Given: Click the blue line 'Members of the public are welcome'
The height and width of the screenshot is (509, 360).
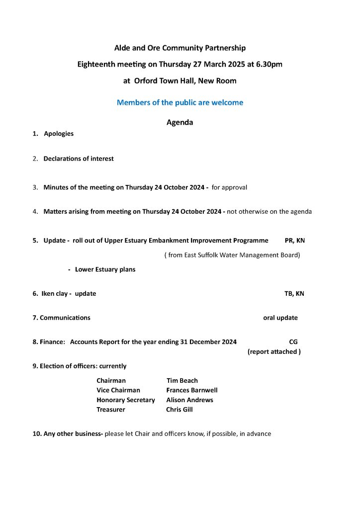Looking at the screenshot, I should click(180, 103).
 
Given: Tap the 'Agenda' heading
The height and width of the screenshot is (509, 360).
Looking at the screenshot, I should click(180, 122).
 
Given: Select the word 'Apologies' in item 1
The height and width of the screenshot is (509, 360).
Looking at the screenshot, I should click(59, 134).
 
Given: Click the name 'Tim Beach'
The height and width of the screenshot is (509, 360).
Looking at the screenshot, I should click(182, 381).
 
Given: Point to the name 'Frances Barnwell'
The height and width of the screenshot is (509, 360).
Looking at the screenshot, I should click(192, 390).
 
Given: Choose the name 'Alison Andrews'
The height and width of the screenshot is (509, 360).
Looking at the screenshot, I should click(189, 400).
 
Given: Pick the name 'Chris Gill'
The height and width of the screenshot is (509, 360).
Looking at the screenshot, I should click(180, 410).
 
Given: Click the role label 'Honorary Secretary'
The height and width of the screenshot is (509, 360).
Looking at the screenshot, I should click(126, 400).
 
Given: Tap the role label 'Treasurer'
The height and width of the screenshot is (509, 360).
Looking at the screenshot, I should click(111, 410).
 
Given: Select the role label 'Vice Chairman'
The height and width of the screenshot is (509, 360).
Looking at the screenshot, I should click(118, 390).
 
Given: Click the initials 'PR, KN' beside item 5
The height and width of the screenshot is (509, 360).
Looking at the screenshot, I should click(295, 241).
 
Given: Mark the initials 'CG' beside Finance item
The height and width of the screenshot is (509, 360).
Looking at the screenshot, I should click(293, 342).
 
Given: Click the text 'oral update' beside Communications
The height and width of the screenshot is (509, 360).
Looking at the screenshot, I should click(280, 318).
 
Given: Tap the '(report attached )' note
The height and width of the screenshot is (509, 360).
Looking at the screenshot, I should click(274, 352).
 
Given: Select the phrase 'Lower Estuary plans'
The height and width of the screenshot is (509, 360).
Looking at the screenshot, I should click(105, 269).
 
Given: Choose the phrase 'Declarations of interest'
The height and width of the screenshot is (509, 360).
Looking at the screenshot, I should click(79, 159).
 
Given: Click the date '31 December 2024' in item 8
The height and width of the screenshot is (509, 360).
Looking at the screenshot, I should click(205, 342).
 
